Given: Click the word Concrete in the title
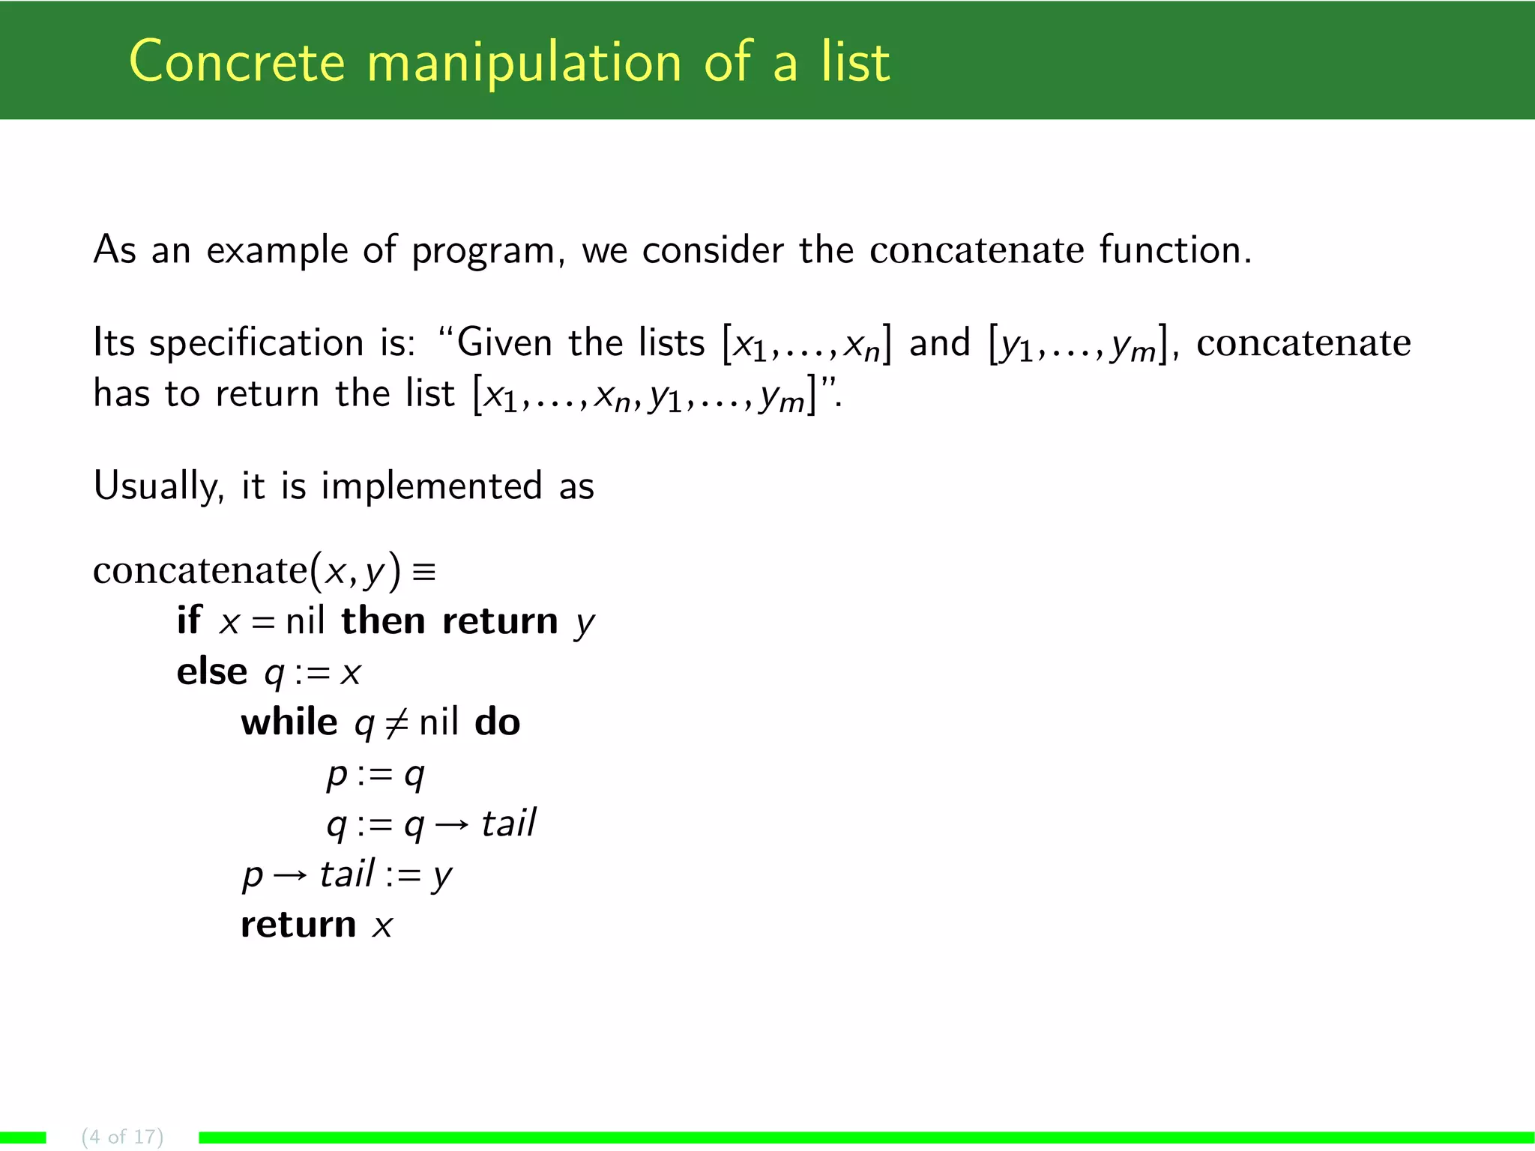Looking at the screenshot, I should [x=237, y=61].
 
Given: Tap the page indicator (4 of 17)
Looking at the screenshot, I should [x=122, y=1136].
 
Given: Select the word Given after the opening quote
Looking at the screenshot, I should [x=505, y=342].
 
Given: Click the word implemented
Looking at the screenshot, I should [x=431, y=486].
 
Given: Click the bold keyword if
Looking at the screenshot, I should [x=188, y=621].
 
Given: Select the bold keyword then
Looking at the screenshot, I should [x=383, y=621].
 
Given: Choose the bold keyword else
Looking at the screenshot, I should [x=211, y=671].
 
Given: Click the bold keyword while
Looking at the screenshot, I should [x=289, y=722].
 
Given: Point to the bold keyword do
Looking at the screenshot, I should [x=497, y=722].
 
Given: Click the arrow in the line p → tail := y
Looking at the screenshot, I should [x=290, y=876].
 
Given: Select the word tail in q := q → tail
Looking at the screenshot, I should [x=508, y=824].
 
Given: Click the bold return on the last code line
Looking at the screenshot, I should [x=298, y=925].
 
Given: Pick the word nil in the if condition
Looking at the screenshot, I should [x=305, y=621].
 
